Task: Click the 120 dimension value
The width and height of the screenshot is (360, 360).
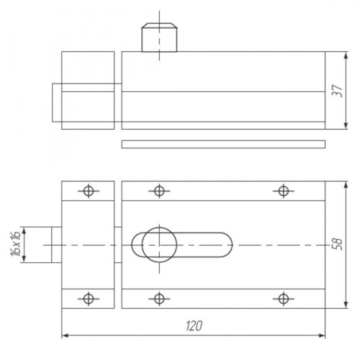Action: coord(194,325)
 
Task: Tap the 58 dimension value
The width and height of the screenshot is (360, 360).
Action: coord(338,244)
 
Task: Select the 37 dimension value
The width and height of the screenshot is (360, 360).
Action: coord(338,91)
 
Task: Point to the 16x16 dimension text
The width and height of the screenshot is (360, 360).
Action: coord(15,244)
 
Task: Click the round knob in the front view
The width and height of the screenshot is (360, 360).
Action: coord(159,245)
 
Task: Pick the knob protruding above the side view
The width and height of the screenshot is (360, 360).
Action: coord(159,37)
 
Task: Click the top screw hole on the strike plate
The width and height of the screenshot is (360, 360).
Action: coord(89,191)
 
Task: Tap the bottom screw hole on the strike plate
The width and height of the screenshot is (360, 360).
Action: coord(89,299)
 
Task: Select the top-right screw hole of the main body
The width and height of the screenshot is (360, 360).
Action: coord(284,191)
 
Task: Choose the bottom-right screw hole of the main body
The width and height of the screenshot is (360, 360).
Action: coord(284,299)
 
